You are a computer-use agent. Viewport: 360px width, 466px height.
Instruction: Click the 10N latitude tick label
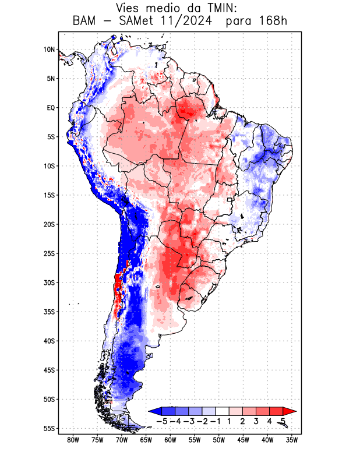[x=49, y=50]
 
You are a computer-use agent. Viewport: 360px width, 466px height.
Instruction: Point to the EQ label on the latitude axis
[x=51, y=108]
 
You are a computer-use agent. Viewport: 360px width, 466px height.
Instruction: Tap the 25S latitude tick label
[x=49, y=253]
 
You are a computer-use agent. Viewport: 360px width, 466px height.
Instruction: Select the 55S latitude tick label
[x=49, y=428]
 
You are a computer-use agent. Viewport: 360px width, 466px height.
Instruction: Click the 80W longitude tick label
[x=73, y=440]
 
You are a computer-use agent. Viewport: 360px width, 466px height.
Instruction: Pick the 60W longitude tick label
[x=170, y=440]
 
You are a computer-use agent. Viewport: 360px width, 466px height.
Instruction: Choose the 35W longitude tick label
[x=292, y=440]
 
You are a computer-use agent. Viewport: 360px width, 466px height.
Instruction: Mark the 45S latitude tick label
[x=49, y=370]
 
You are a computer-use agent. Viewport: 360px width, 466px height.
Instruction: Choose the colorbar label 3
[x=256, y=421]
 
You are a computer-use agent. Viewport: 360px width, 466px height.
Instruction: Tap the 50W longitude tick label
[x=219, y=440]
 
